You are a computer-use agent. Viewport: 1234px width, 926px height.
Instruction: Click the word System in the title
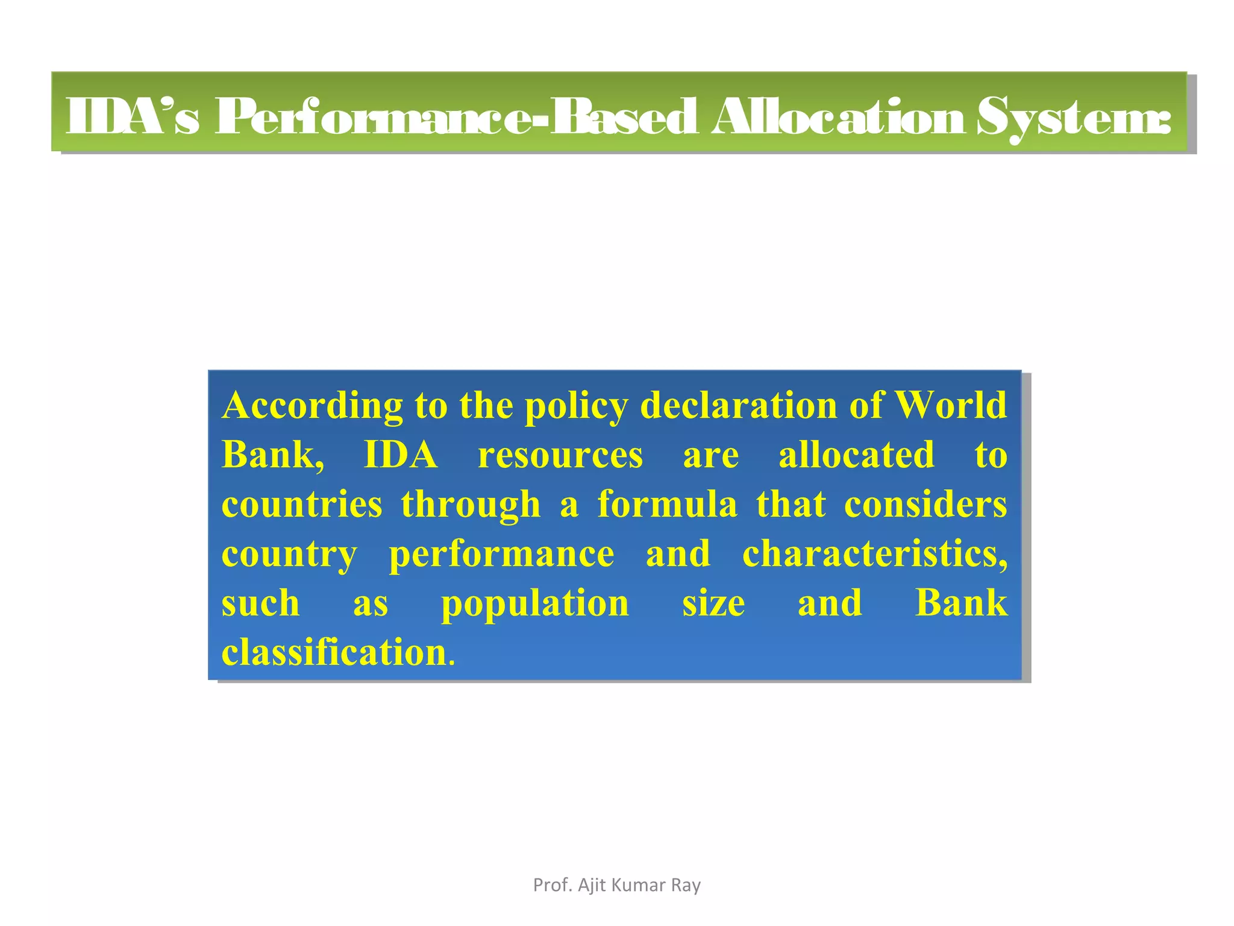(x=1073, y=118)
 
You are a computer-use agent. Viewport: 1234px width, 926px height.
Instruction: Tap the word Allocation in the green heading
(x=839, y=116)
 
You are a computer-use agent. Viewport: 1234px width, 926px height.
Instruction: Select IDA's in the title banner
(x=131, y=116)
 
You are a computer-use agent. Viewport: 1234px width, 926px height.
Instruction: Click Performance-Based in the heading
(x=456, y=116)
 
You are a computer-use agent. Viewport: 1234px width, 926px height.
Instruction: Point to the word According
(x=312, y=406)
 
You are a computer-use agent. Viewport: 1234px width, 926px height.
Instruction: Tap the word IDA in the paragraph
(x=401, y=455)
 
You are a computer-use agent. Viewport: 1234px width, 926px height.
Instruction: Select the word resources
(x=560, y=456)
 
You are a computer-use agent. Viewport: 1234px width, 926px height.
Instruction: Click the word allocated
(x=856, y=455)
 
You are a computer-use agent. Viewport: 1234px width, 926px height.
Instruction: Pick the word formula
(x=667, y=504)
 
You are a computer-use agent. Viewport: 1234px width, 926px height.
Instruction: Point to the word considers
(x=925, y=504)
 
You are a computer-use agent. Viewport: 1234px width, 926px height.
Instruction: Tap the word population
(x=535, y=604)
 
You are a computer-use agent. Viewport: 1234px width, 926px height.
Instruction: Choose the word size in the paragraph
(x=713, y=603)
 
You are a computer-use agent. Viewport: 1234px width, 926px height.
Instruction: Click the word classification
(x=334, y=652)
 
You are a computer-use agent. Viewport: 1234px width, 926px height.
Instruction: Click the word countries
(x=302, y=504)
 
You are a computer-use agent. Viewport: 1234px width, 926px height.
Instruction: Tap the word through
(x=471, y=505)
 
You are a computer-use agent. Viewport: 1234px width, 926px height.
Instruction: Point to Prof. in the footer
(x=553, y=885)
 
